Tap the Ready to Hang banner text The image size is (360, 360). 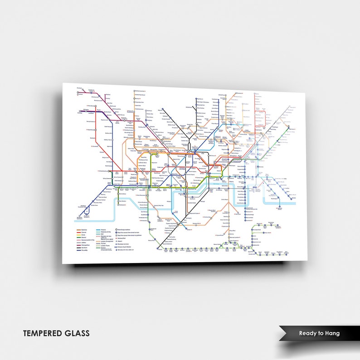(x=319, y=333)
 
